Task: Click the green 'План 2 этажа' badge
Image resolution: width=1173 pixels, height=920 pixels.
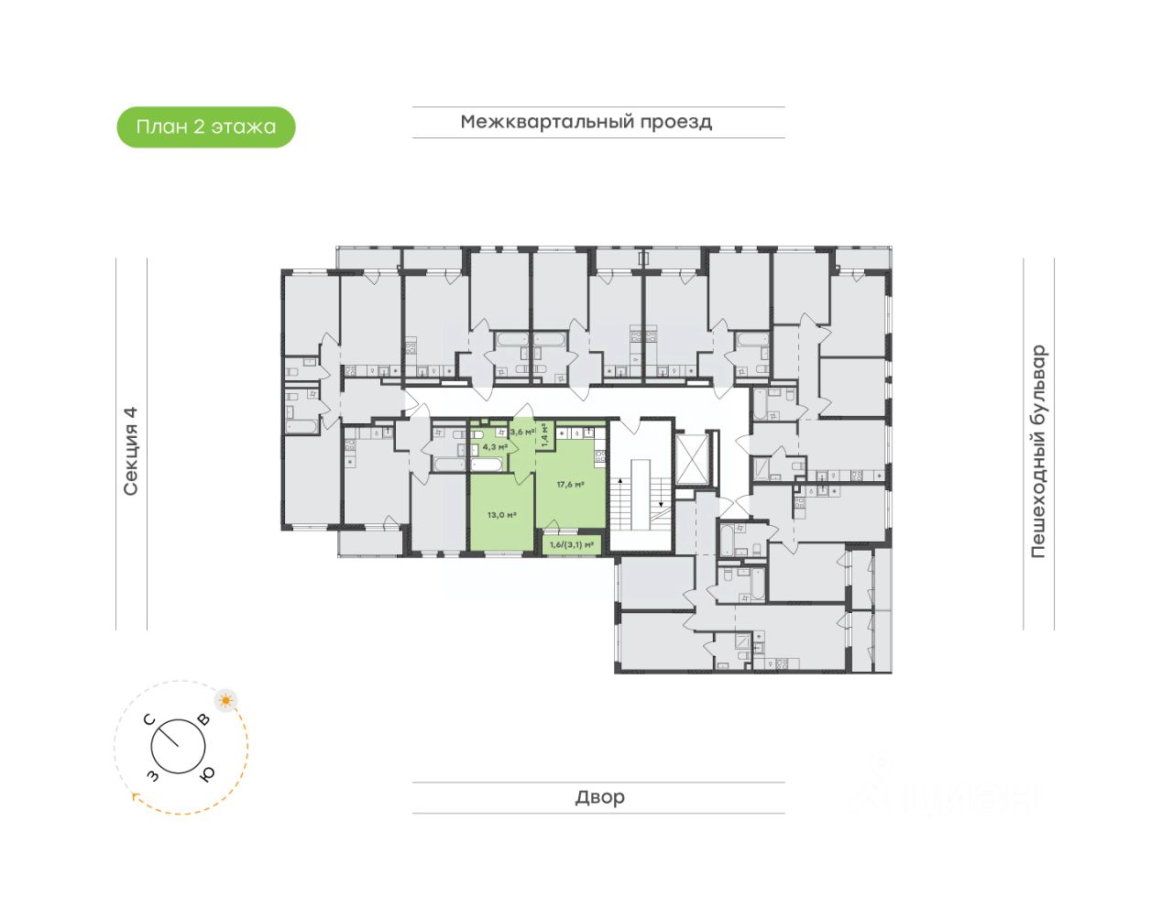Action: (x=206, y=127)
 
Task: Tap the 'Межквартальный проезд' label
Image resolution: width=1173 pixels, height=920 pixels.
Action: (x=586, y=122)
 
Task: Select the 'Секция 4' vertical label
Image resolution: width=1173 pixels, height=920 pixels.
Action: (x=131, y=451)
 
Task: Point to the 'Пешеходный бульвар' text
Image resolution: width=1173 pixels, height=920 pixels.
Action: (x=1037, y=451)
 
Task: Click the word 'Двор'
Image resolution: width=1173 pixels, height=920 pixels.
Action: (x=599, y=797)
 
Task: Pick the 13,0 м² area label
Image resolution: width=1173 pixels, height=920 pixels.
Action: (x=501, y=515)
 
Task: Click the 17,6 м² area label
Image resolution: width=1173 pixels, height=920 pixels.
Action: (x=570, y=484)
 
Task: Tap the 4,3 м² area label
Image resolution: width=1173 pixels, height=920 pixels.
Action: (x=495, y=447)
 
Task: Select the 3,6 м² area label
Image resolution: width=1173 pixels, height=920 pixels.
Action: (x=522, y=432)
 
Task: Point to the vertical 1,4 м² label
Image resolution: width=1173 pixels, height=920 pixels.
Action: (x=544, y=433)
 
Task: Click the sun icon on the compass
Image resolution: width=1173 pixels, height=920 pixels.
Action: (x=225, y=701)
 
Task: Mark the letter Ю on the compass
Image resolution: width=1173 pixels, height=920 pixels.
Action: (x=208, y=774)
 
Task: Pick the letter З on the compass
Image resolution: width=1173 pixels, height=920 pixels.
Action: (x=152, y=776)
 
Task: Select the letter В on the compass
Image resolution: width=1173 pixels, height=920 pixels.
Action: (x=203, y=720)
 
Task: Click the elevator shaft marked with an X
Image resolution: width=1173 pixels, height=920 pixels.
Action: (x=692, y=456)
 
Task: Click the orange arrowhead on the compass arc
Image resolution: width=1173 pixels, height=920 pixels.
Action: (x=136, y=797)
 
